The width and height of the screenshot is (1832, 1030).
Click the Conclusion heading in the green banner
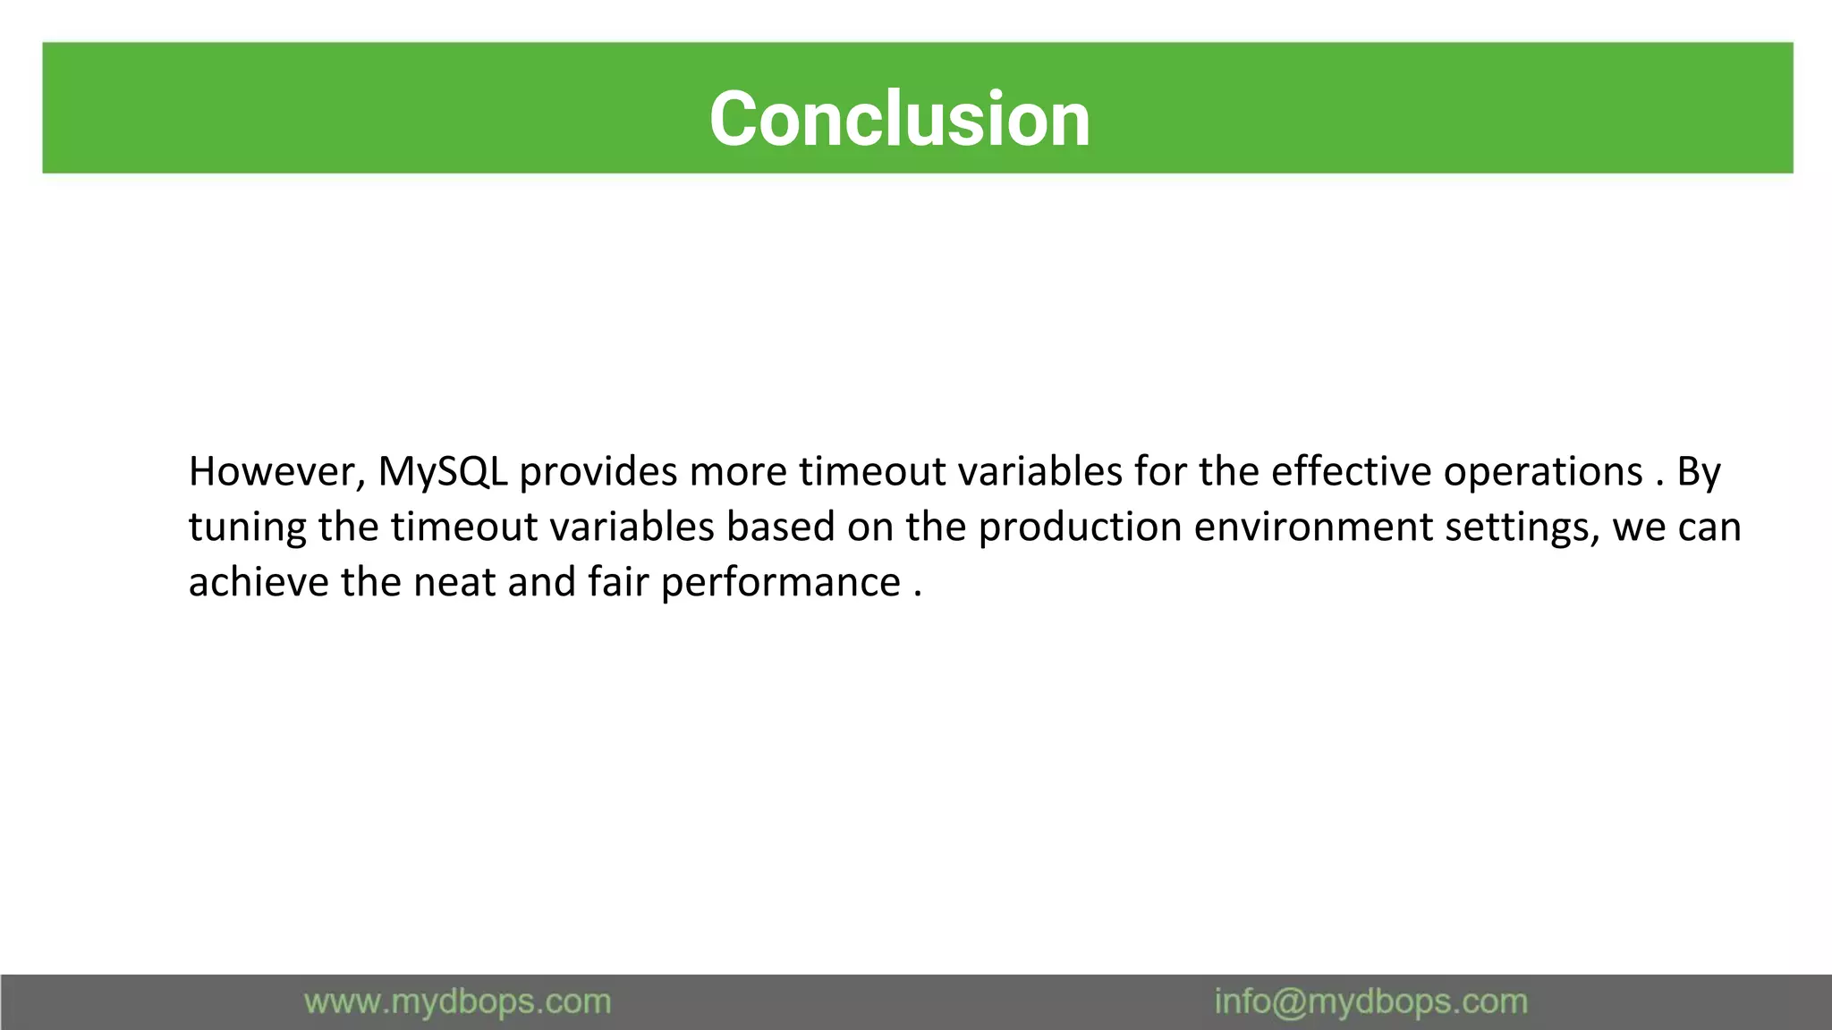(899, 119)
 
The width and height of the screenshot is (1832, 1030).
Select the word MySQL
(443, 472)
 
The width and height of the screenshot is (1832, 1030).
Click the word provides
(598, 472)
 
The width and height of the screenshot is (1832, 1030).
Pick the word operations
(1543, 472)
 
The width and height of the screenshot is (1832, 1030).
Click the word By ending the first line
(1698, 472)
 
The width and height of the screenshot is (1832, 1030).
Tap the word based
(780, 528)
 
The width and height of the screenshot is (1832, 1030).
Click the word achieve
(259, 583)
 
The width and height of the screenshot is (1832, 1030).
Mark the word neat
(454, 583)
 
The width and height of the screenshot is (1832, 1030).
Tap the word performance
(781, 583)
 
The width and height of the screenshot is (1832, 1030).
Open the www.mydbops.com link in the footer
(457, 1001)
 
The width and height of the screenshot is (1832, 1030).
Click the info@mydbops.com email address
(1370, 1001)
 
